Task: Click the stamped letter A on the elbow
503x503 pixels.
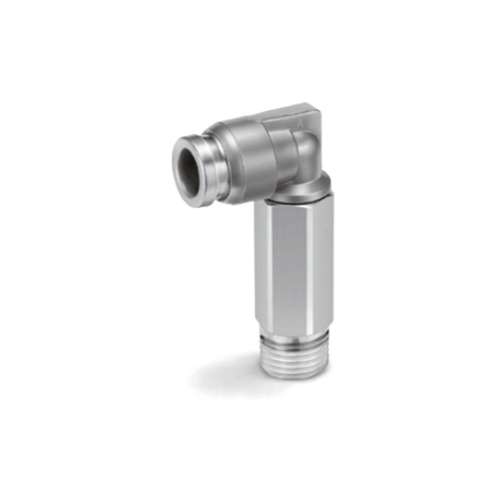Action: click(300, 124)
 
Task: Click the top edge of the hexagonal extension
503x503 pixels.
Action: click(293, 204)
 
